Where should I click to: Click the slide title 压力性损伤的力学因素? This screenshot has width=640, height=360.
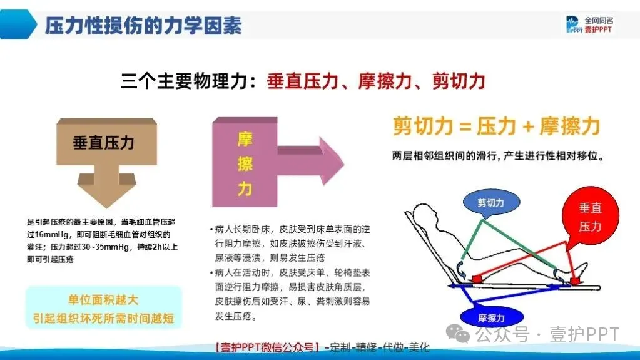point(143,26)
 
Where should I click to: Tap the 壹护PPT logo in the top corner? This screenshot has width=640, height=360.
point(589,25)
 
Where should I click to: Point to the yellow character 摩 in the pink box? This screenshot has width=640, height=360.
point(245,138)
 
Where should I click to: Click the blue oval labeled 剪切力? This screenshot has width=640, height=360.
point(490,203)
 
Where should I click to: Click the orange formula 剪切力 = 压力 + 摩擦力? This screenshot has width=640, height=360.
point(496,127)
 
